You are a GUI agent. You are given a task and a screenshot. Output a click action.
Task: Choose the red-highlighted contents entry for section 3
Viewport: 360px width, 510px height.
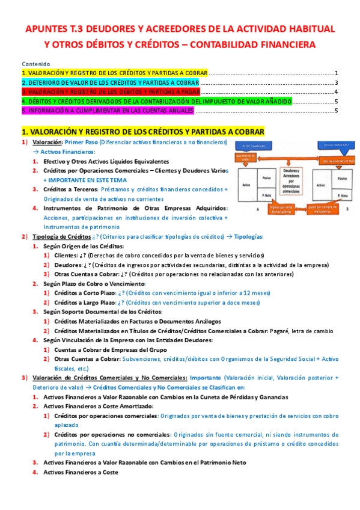111,92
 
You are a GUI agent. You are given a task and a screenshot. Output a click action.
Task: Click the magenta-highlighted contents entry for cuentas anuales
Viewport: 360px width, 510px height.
108,111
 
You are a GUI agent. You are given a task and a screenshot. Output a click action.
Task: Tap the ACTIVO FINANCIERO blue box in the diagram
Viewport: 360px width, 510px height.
255,146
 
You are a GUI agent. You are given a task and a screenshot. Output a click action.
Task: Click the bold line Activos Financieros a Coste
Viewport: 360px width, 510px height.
81,472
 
